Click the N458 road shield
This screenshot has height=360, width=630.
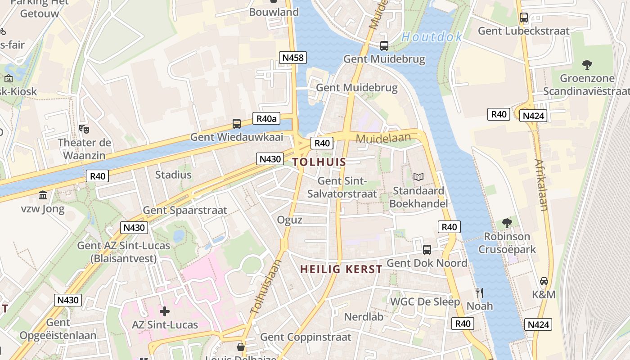(x=293, y=58)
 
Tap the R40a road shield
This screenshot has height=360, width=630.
(x=266, y=119)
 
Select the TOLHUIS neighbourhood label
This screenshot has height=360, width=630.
(x=319, y=162)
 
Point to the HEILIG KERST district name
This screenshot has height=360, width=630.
(x=341, y=270)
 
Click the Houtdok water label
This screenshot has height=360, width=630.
(x=432, y=37)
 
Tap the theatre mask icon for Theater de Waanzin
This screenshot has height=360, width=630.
(x=84, y=129)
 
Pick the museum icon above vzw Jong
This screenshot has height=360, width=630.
(x=43, y=195)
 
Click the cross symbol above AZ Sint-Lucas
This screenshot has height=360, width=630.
(x=165, y=311)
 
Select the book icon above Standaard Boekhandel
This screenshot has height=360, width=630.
(x=418, y=177)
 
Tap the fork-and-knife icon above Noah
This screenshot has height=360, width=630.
(x=480, y=293)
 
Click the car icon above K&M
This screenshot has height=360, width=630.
(x=544, y=281)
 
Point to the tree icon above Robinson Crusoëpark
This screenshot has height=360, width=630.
(x=507, y=223)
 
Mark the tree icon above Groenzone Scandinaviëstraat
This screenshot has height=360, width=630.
(x=587, y=65)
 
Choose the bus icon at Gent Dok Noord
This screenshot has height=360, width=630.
(x=427, y=249)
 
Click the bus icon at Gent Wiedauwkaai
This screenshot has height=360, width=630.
(x=237, y=123)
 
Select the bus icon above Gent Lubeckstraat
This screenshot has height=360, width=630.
(x=524, y=18)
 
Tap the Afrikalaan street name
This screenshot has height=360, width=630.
(x=541, y=184)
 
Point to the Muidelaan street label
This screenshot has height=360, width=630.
(x=383, y=138)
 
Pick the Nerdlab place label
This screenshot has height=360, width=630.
(x=364, y=317)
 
